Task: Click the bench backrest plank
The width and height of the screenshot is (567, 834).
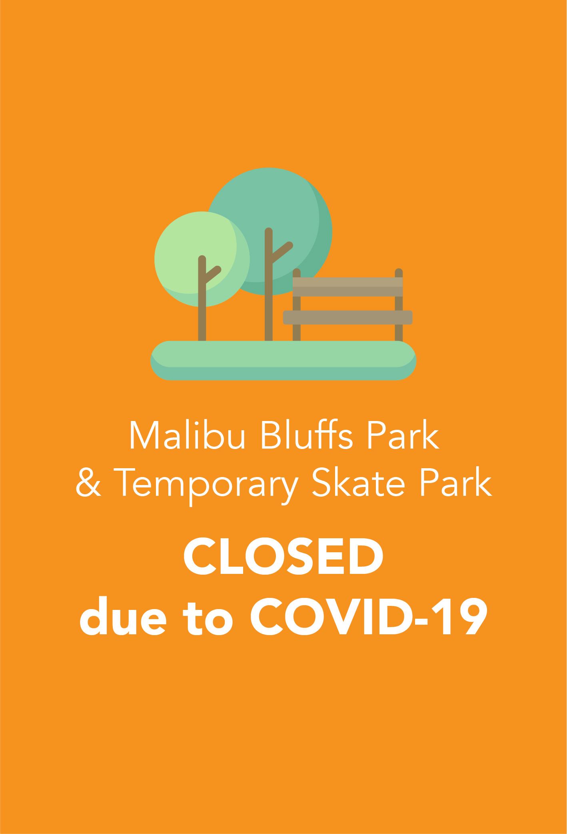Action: click(x=347, y=287)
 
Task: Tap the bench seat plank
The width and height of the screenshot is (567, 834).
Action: click(x=347, y=317)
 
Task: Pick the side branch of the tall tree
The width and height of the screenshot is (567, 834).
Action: click(x=283, y=251)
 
